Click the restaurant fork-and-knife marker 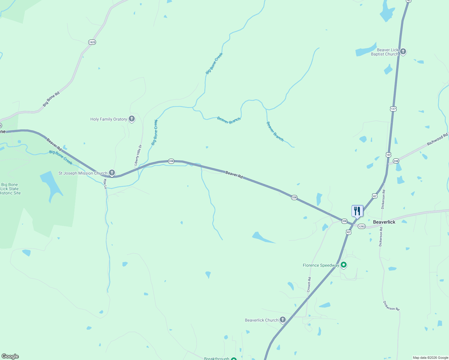tap(357, 211)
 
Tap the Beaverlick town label tap(384, 222)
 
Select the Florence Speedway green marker tap(344, 265)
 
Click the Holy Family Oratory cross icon tap(131, 119)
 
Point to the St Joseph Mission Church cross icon tap(112, 173)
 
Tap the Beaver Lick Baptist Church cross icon tap(403, 52)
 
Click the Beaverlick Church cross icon tap(282, 320)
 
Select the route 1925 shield tap(92, 42)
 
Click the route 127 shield tap(393, 109)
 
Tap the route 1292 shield tap(362, 226)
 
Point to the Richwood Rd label tap(437, 139)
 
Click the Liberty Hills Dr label tap(138, 155)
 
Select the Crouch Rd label tap(309, 284)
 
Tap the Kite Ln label tap(105, 184)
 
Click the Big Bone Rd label tap(51, 99)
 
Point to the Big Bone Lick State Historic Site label tap(10, 189)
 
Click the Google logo tap(10, 356)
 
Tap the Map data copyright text tap(430, 358)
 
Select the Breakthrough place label tap(216, 358)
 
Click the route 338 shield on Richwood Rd tap(396, 161)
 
